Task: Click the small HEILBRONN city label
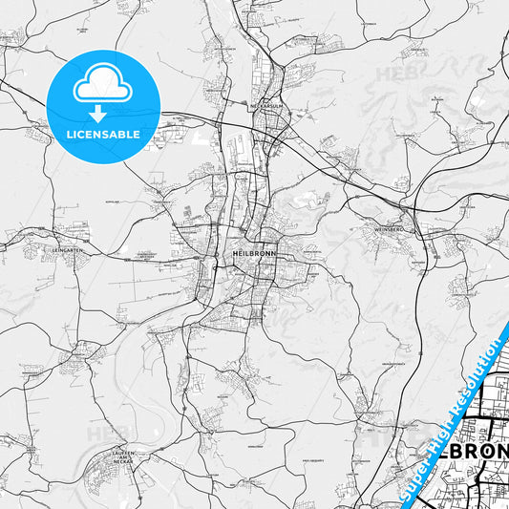click(253, 243)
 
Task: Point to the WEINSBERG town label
click(390, 229)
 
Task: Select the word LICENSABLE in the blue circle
click(103, 134)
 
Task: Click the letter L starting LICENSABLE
click(69, 134)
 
